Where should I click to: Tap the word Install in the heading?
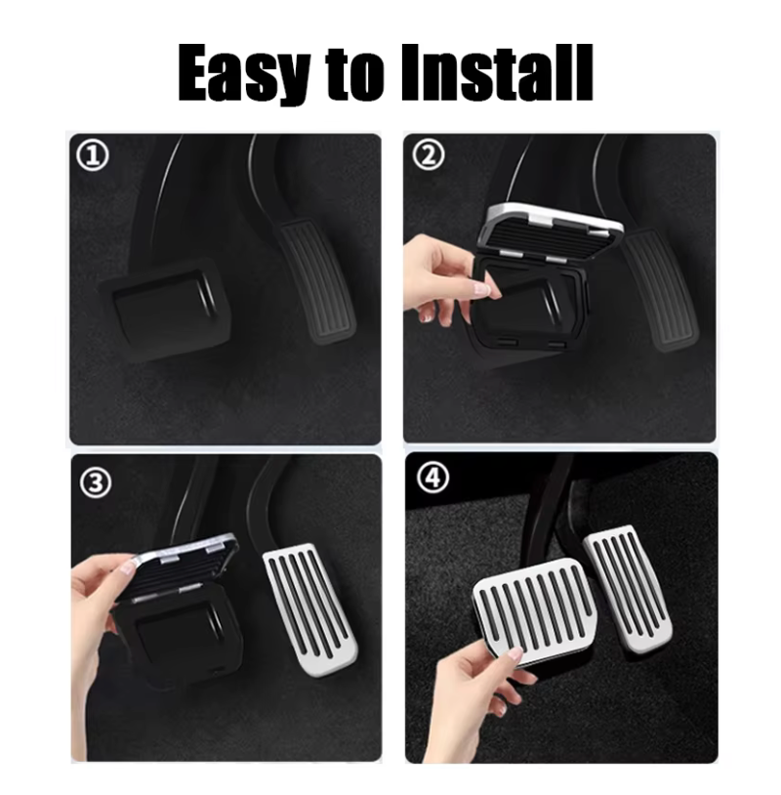click(x=496, y=72)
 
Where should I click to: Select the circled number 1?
click(x=92, y=155)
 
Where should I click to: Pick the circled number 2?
click(x=429, y=154)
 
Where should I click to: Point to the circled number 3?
click(x=96, y=482)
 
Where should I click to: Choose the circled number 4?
click(x=432, y=478)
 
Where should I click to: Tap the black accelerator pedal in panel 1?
click(x=315, y=280)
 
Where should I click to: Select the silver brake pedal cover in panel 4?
click(x=535, y=611)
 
